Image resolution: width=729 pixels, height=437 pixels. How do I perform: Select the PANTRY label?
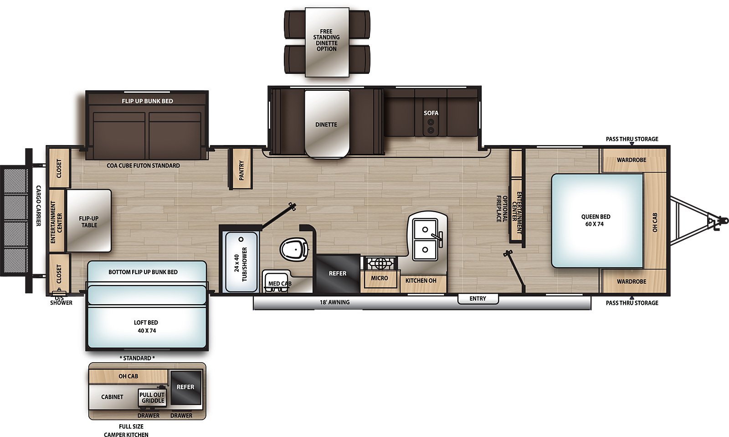click(241, 170)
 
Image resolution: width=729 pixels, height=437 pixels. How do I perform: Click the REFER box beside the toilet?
click(338, 273)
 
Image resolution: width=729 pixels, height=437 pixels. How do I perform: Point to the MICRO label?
click(379, 278)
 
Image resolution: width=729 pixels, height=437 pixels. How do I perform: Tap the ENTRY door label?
click(477, 298)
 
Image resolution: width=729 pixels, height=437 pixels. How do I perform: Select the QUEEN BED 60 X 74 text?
click(595, 220)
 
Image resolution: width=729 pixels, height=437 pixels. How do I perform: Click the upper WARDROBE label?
click(631, 160)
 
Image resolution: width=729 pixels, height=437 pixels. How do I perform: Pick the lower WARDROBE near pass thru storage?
click(631, 281)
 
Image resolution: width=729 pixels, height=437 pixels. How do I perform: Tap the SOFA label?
click(431, 113)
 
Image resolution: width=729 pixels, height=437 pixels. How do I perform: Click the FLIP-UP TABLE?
click(89, 221)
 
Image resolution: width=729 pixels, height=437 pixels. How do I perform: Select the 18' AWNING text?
click(334, 302)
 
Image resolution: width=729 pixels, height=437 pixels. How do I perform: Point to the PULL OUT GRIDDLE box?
click(153, 398)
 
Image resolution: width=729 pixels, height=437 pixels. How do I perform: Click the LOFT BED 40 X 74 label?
click(146, 327)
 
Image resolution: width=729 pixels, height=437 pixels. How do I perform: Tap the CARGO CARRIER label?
click(39, 206)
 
